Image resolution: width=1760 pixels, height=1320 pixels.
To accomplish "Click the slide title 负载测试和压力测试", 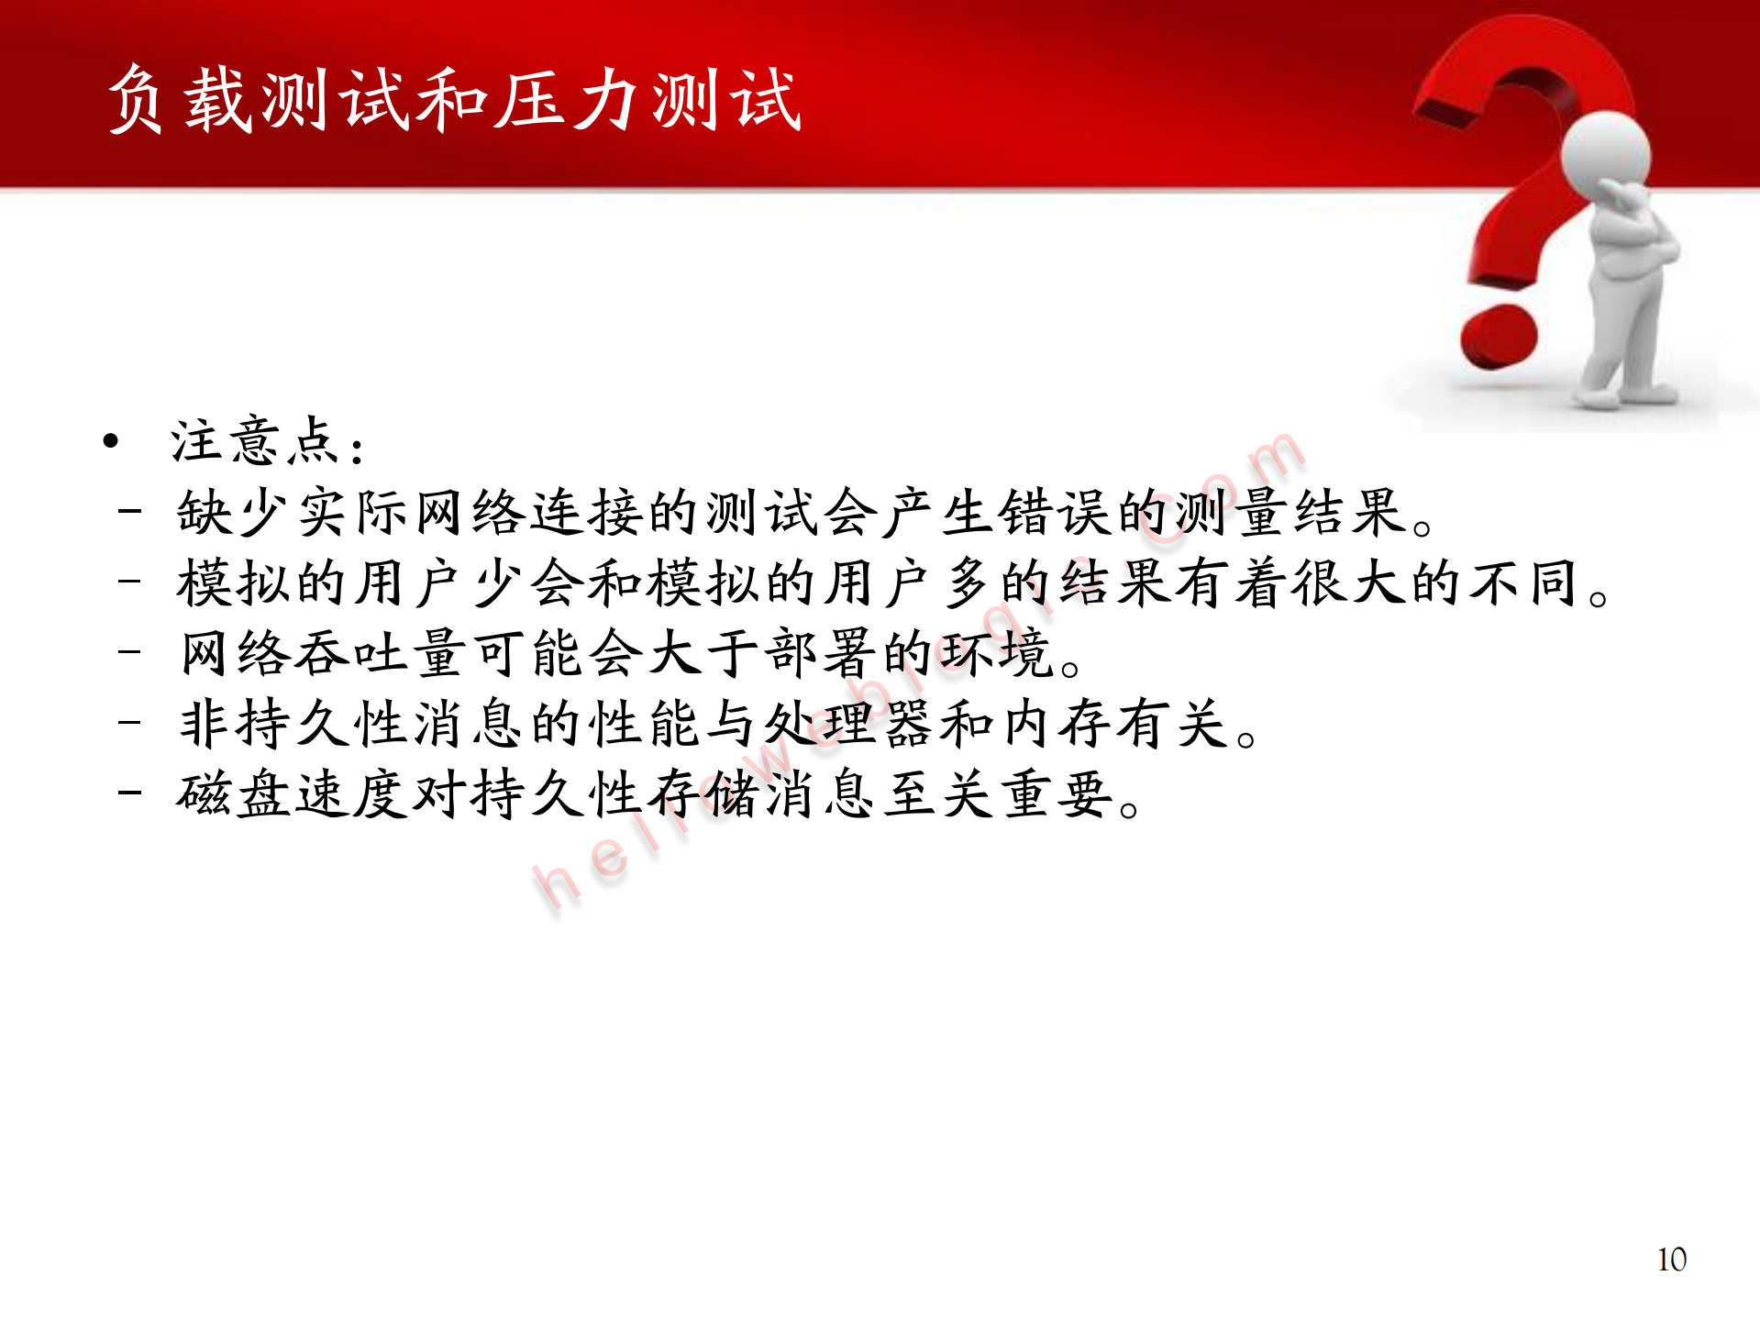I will (454, 99).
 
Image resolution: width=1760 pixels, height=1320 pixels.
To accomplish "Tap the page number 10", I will (1671, 1259).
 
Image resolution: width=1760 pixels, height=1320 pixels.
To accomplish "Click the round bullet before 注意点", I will (111, 442).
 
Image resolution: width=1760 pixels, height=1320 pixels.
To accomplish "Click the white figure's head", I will (1605, 151).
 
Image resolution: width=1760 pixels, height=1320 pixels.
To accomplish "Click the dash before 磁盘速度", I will (129, 791).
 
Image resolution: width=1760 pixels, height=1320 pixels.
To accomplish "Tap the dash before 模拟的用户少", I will (129, 580).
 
